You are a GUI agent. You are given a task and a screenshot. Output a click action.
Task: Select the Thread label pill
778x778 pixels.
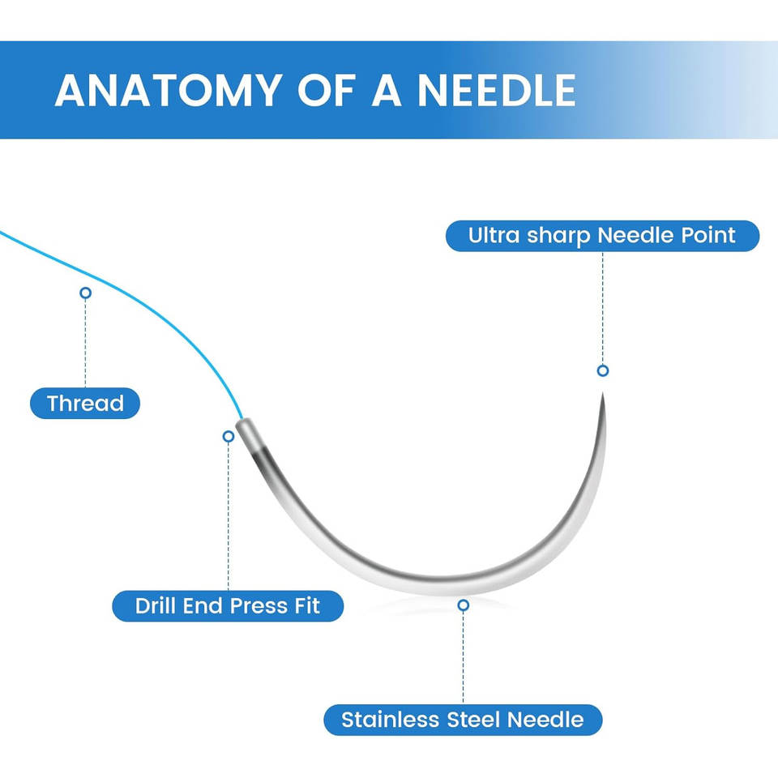85,403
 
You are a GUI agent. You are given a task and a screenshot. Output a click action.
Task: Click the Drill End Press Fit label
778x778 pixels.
228,605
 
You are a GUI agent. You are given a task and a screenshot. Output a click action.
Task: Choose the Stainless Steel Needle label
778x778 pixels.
463,720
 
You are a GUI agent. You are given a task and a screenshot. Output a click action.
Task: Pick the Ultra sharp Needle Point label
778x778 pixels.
602,236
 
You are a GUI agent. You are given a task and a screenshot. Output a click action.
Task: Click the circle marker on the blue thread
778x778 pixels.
85,293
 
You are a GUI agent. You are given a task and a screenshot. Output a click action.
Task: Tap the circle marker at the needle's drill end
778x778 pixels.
229,436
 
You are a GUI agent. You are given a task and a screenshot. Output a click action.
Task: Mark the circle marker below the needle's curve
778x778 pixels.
463,605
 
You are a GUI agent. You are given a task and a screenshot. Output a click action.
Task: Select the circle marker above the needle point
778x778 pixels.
602,370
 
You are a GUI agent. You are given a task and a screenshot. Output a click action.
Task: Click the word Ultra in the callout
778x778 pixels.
492,236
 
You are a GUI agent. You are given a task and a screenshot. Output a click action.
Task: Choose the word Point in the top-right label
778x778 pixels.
707,236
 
